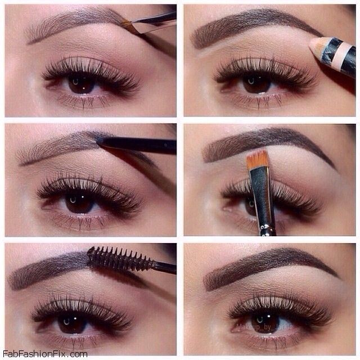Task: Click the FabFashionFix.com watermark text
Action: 45,354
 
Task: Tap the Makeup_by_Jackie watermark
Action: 264,327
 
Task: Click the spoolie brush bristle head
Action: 120,259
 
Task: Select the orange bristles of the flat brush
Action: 258,159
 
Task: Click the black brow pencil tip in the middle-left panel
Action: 99,140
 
